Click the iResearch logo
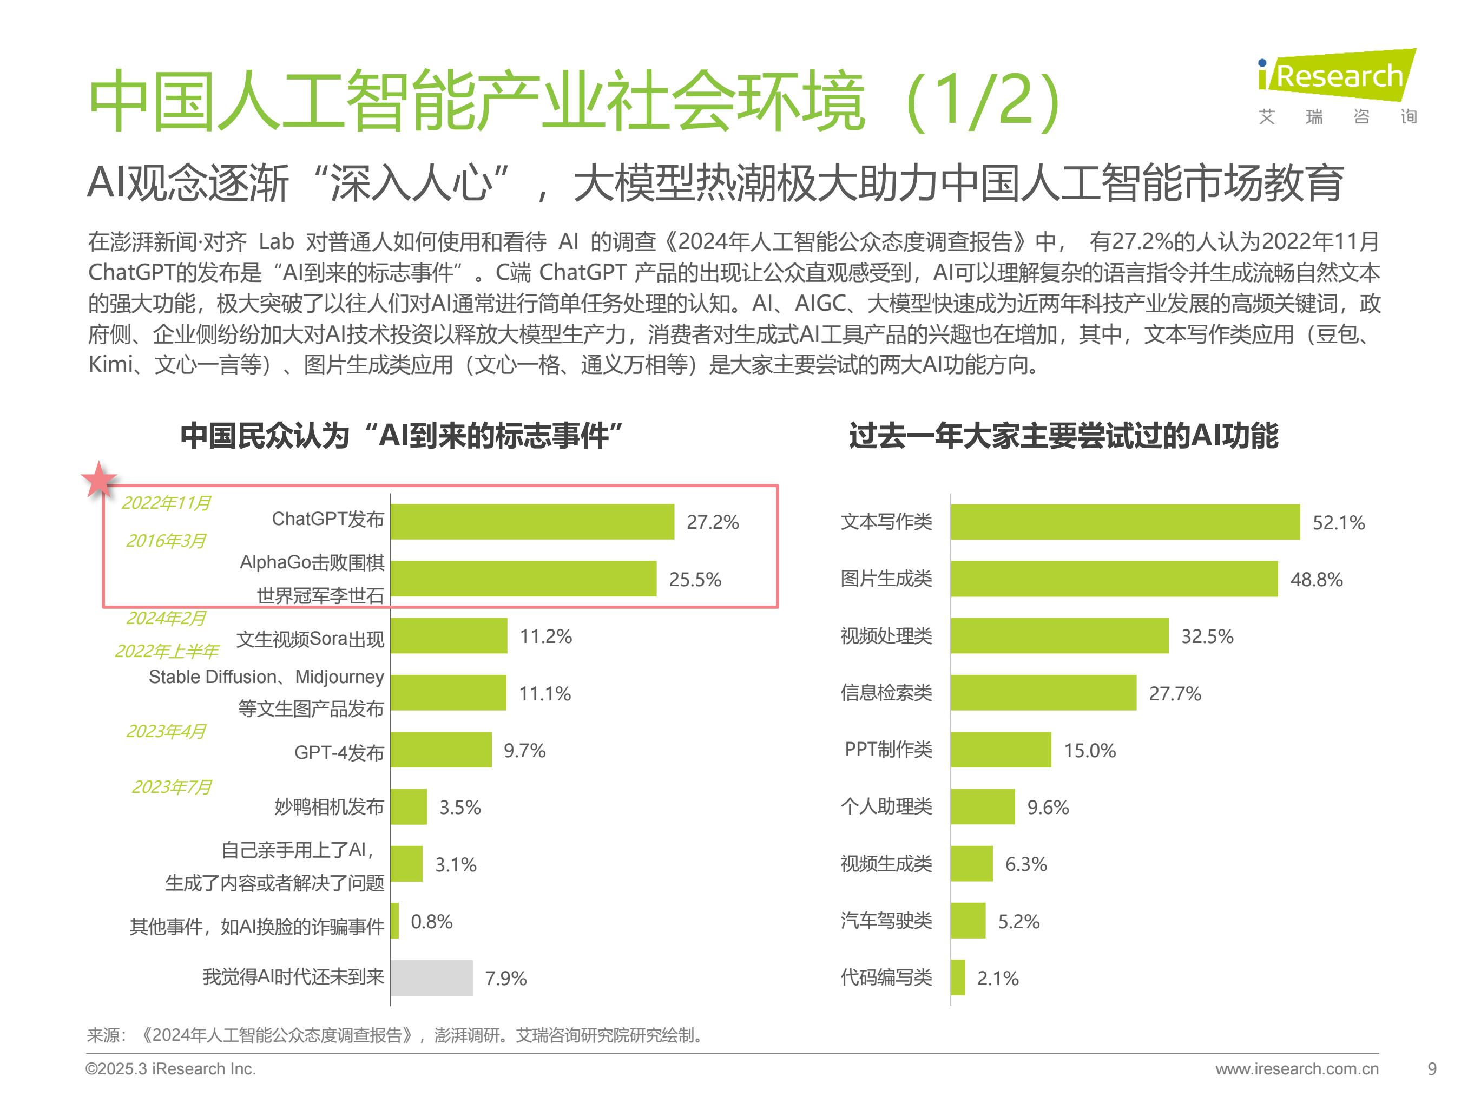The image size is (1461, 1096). click(x=1337, y=86)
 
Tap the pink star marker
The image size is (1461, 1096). click(x=98, y=480)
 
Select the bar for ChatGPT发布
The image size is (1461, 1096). click(x=532, y=522)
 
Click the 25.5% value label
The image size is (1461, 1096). click(x=695, y=579)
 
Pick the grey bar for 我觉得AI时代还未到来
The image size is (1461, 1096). click(x=432, y=978)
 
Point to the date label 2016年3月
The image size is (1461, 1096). click(x=166, y=541)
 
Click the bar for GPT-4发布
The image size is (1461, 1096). click(x=441, y=750)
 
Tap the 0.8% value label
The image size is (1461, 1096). click(x=431, y=921)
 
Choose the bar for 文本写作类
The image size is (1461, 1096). click(x=1126, y=522)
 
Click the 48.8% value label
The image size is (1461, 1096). click(x=1317, y=579)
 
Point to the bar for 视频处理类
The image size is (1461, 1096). click(x=1059, y=635)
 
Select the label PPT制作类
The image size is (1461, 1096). click(x=889, y=749)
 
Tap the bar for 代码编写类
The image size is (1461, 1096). click(x=958, y=978)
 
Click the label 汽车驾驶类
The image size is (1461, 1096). click(x=886, y=920)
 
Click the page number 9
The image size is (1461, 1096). click(x=1431, y=1068)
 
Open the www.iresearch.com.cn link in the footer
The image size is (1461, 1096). click(x=1297, y=1068)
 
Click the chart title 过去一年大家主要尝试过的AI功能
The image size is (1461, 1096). click(x=1063, y=436)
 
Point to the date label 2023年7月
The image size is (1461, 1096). click(x=172, y=787)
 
